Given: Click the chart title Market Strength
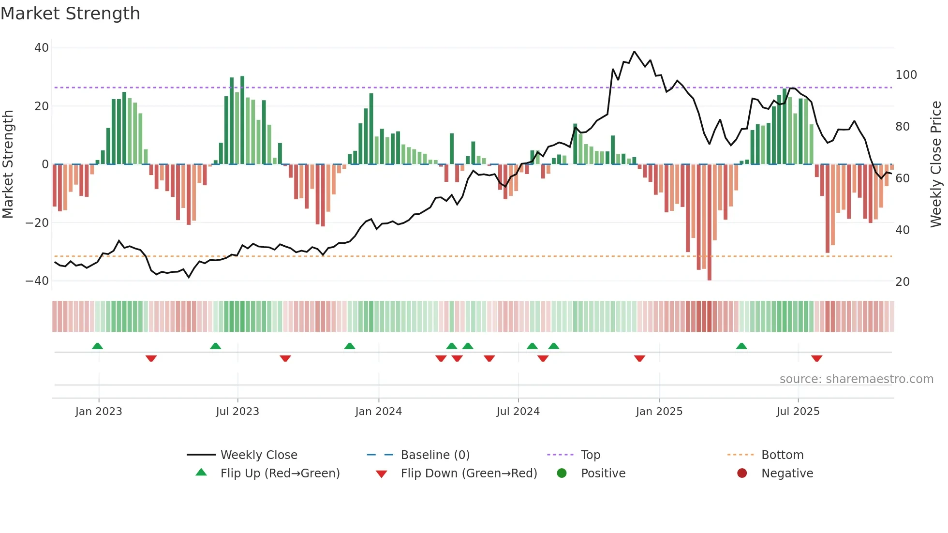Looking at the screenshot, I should pyautogui.click(x=70, y=14).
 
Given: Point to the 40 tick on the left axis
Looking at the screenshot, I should pyautogui.click(x=42, y=48).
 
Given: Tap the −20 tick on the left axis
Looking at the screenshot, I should pyautogui.click(x=37, y=223).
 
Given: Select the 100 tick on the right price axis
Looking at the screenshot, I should pyautogui.click(x=906, y=75).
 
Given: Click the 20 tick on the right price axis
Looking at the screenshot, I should pyautogui.click(x=903, y=282).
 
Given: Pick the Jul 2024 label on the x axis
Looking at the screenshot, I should pyautogui.click(x=518, y=412).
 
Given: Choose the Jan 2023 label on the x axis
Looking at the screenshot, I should pyautogui.click(x=99, y=412).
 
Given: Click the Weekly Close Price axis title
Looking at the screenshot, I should pyautogui.click(x=936, y=164).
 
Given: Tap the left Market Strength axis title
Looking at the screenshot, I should pyautogui.click(x=8, y=164).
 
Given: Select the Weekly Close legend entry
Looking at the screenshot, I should pyautogui.click(x=258, y=455).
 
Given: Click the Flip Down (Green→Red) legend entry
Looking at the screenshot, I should pyautogui.click(x=468, y=474).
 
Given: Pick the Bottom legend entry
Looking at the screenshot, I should pyautogui.click(x=782, y=455).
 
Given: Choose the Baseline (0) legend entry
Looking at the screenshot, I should pyautogui.click(x=435, y=455).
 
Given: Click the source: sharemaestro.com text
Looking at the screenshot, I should pyautogui.click(x=856, y=379).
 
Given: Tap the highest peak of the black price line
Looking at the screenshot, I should pyautogui.click(x=634, y=52).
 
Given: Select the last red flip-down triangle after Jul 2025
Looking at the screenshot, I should pyautogui.click(x=817, y=358).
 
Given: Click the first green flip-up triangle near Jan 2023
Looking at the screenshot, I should pyautogui.click(x=97, y=346).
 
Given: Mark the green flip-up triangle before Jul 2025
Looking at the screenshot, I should pyautogui.click(x=741, y=346).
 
